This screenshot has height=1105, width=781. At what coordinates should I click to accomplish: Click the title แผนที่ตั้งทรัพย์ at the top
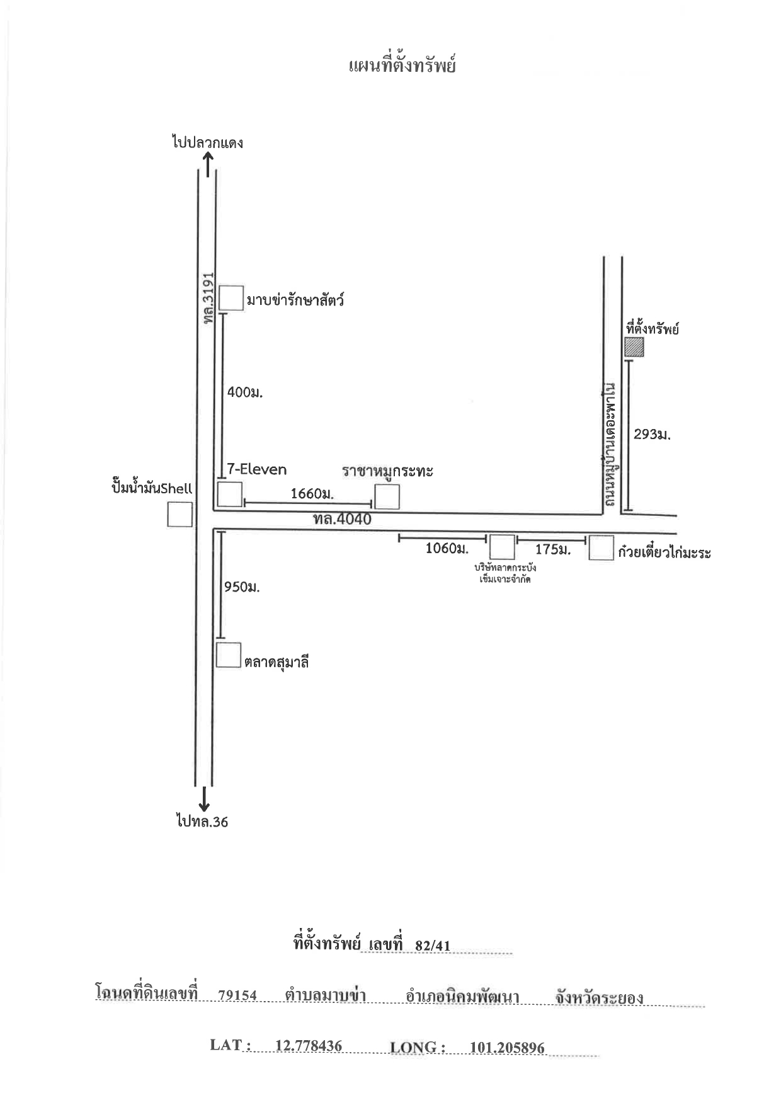402,66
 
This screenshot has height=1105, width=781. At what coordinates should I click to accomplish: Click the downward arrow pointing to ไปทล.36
204,798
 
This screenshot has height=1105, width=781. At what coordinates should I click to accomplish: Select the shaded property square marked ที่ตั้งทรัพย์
634,347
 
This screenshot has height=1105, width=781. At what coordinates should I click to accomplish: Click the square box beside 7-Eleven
230,494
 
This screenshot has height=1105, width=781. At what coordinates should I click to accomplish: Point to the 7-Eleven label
256,469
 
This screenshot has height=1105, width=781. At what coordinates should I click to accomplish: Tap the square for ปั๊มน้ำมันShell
180,514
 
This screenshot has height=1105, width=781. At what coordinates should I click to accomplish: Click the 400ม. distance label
244,392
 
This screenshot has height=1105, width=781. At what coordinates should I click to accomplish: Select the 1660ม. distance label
312,494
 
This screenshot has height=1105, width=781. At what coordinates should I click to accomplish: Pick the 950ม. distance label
242,587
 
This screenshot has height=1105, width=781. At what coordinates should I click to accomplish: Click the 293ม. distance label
652,434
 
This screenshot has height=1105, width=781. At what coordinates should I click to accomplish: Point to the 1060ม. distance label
447,549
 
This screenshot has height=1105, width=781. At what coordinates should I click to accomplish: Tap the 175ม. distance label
552,549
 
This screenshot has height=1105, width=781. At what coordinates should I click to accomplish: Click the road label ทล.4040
342,520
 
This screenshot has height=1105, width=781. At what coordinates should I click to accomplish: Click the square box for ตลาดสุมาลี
229,655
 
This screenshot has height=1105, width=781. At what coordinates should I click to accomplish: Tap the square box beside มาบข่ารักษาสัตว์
231,298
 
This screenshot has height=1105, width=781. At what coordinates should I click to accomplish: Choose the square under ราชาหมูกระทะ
387,496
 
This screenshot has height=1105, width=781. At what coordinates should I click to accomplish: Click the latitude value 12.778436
309,1046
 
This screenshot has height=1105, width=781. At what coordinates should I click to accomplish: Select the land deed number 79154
237,995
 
